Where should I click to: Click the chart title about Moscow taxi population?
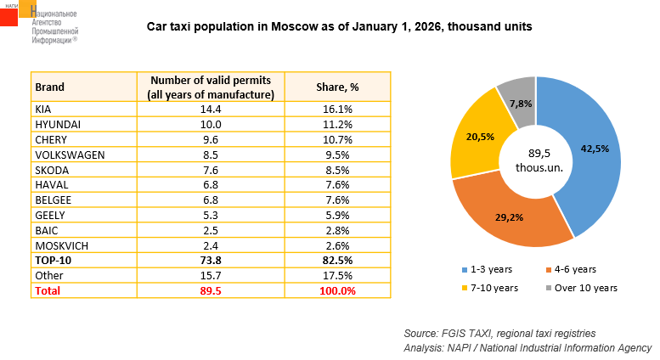(x=340, y=26)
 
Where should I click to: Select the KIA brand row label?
(x=44, y=110)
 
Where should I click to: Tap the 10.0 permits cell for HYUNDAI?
(x=211, y=123)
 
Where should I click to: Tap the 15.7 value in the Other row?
(x=211, y=276)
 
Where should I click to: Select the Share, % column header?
(x=337, y=87)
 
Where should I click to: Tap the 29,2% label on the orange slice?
(x=510, y=217)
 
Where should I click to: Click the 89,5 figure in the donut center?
(x=535, y=153)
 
